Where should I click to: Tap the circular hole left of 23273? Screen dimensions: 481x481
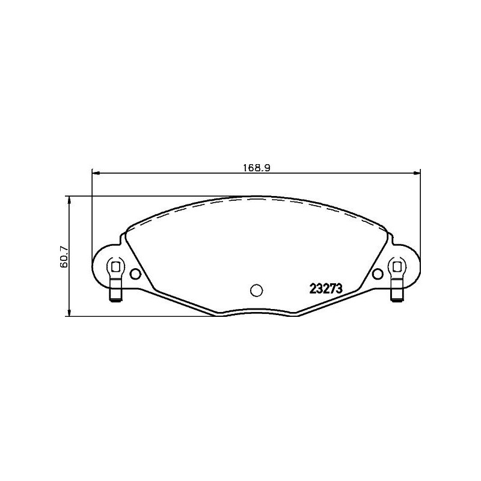tap(256, 290)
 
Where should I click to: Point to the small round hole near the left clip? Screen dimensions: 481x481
tap(135, 275)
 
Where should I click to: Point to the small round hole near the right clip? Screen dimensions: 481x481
tap(378, 275)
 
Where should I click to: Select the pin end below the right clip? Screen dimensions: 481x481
tap(397, 295)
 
